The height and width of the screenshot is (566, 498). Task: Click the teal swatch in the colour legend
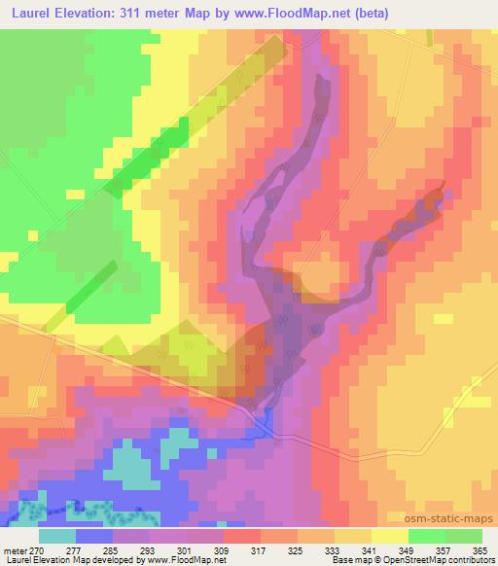point(57,536)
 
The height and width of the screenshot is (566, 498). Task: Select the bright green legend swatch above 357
point(427,536)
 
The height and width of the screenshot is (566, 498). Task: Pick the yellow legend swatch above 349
point(390,536)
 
